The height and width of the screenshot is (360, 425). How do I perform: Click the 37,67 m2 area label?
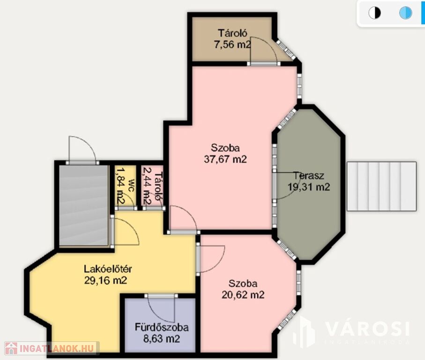click(x=225, y=159)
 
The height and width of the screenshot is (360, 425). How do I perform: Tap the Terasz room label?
click(x=309, y=176)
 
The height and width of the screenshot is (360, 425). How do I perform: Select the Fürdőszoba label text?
click(x=162, y=328)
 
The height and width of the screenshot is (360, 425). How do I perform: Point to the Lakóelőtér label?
click(x=108, y=269)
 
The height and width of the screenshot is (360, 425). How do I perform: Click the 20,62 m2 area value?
click(x=243, y=295)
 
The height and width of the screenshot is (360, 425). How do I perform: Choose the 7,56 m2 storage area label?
click(x=232, y=45)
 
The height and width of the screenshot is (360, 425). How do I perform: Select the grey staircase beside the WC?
click(x=84, y=206)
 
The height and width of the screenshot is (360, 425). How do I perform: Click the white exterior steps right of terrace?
click(x=381, y=186)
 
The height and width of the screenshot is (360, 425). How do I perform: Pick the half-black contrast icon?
click(x=374, y=13)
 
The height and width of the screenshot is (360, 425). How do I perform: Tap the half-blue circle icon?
click(x=405, y=13)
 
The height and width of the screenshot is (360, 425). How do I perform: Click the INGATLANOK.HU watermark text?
click(x=57, y=348)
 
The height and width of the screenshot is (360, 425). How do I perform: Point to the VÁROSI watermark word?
click(x=367, y=329)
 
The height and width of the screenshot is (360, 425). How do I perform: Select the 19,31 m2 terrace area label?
click(x=309, y=187)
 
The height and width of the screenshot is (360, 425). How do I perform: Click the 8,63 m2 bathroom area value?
click(x=162, y=339)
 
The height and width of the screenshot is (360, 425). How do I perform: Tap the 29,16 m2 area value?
click(x=106, y=280)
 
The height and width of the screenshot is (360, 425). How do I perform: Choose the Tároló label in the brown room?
click(x=232, y=33)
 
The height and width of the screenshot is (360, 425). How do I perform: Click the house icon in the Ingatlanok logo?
click(x=11, y=348)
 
